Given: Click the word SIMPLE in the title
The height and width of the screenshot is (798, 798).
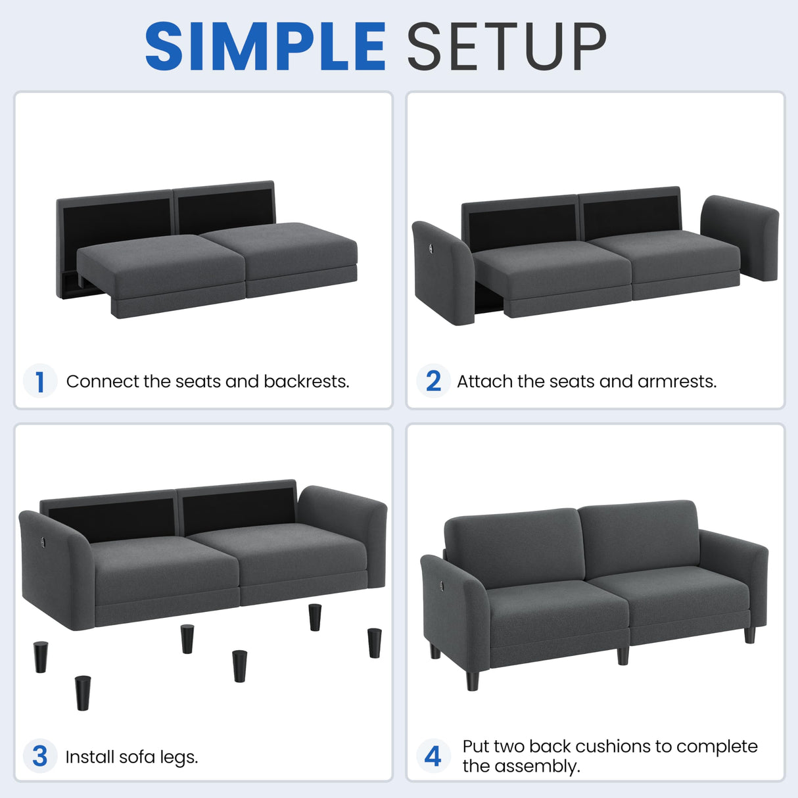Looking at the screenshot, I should (265, 47).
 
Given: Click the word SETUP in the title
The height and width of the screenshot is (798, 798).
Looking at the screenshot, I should (506, 47).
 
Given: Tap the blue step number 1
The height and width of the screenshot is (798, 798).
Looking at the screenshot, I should (39, 381).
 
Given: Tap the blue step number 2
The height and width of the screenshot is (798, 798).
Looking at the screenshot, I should (433, 381).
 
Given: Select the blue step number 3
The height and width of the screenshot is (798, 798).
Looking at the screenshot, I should (39, 756).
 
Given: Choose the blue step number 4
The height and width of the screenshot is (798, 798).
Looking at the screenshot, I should (433, 756).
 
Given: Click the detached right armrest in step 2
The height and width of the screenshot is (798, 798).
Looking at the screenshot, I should (741, 237).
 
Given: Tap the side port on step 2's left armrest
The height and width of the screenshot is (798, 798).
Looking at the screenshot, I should (430, 248).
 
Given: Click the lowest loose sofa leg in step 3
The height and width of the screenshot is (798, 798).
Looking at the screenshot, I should (82, 693).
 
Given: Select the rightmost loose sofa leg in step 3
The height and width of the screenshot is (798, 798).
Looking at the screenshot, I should (375, 642).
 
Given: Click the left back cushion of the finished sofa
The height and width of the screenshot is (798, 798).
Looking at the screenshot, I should (514, 547).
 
